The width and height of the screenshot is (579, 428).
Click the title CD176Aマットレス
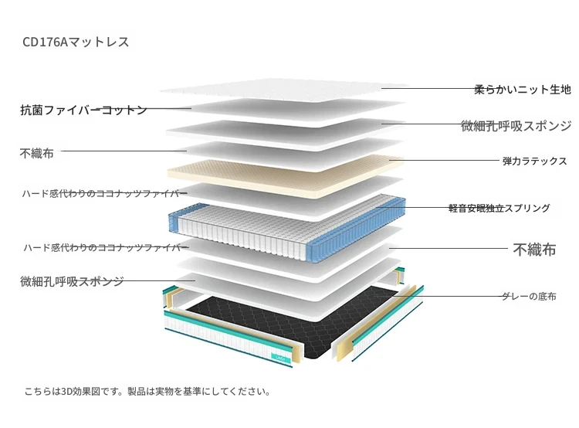[76, 42]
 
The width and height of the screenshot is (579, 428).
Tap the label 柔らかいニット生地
[523, 90]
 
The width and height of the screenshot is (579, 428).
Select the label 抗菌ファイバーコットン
[83, 110]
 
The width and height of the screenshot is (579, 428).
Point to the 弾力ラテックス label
[534, 161]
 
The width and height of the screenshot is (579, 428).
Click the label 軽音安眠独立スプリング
[499, 208]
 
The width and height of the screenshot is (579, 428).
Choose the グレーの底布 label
[529, 296]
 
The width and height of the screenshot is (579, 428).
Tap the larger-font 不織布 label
[534, 250]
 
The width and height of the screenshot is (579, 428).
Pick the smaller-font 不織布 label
[36, 153]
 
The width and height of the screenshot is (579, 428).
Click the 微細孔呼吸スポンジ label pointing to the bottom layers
[72, 281]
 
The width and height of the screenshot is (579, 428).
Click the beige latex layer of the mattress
[284, 174]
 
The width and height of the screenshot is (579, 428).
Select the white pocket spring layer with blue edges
[287, 226]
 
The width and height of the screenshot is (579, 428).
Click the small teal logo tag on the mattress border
[280, 358]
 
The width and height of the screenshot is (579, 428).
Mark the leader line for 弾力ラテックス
[444, 161]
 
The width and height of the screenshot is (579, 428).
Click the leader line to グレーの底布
[448, 296]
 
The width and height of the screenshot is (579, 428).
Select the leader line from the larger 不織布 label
[449, 248]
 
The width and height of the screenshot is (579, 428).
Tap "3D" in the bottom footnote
[66, 392]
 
